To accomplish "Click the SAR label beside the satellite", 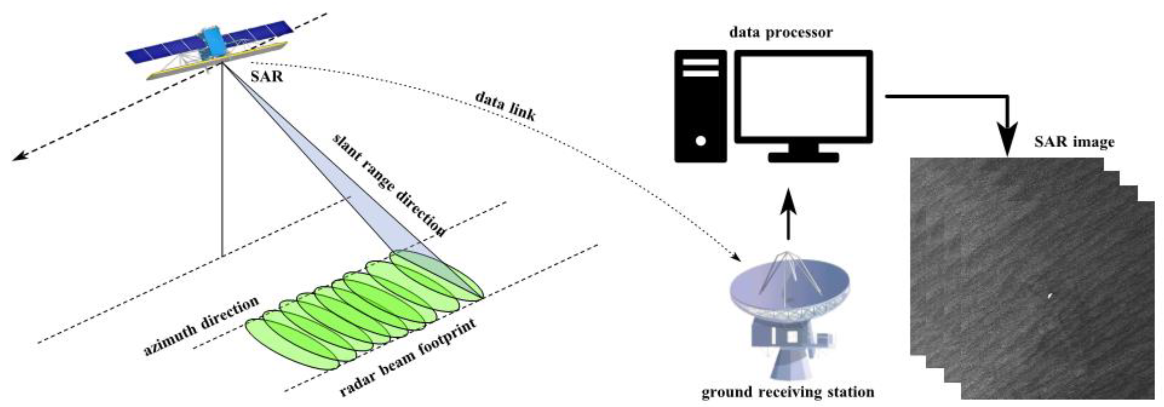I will tap(267, 76).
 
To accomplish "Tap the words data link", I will tap(505, 107).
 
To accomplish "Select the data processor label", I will tap(781, 33).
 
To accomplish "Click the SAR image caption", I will tap(1074, 142).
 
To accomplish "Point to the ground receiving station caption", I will tap(788, 391).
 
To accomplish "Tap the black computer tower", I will tap(700, 106).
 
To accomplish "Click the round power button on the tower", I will tap(700, 141).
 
